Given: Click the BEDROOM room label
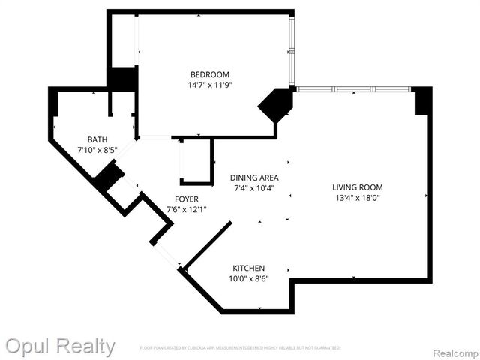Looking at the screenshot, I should pyautogui.click(x=209, y=74).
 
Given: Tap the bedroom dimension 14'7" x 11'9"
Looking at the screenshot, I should pyautogui.click(x=209, y=85).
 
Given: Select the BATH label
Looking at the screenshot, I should pyautogui.click(x=97, y=139).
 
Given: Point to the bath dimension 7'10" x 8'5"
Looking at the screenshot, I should pyautogui.click(x=97, y=150).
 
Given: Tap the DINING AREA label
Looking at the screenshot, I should pyautogui.click(x=253, y=178).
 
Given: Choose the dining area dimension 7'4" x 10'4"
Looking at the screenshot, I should pyautogui.click(x=253, y=188).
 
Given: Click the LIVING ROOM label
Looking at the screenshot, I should pyautogui.click(x=358, y=187).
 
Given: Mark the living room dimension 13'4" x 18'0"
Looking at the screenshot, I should pyautogui.click(x=358, y=198).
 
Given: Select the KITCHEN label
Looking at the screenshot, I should pyautogui.click(x=248, y=268).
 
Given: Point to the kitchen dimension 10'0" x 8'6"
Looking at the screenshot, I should pyautogui.click(x=248, y=278).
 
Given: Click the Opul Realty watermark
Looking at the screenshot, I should pyautogui.click(x=60, y=346).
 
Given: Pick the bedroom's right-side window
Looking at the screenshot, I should pyautogui.click(x=292, y=49).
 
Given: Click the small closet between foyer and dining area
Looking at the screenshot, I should pyautogui.click(x=196, y=161).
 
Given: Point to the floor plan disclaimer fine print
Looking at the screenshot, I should pyautogui.click(x=240, y=348).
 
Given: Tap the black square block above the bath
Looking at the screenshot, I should pyautogui.click(x=122, y=79).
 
